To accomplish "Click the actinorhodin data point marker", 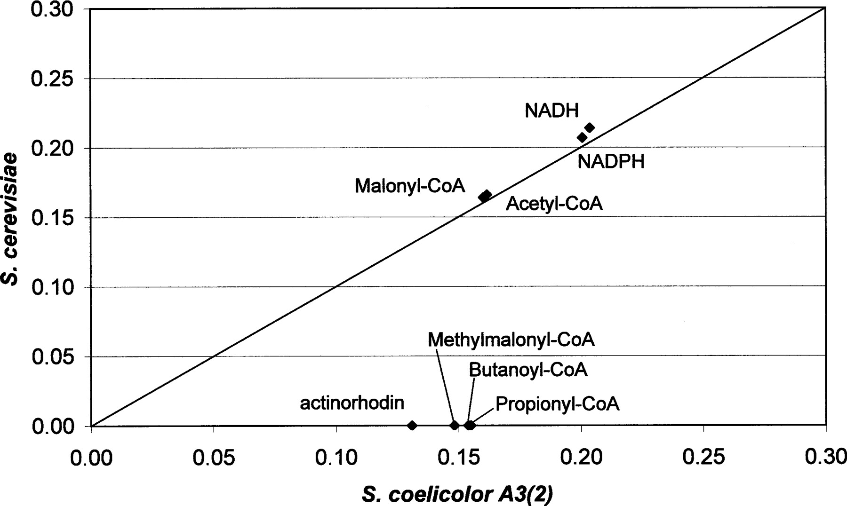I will point(412,425).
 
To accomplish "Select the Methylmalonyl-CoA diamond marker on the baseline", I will point(455,425).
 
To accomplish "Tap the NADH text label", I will point(551,111).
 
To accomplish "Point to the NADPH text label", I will point(611,162).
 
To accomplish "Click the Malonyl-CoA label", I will point(410,185).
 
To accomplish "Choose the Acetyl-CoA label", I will point(554,204).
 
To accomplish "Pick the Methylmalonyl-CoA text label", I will point(511,340).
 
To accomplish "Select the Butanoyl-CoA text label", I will point(528,370).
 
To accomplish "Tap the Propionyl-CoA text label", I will point(557,404).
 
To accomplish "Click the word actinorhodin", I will point(352,403).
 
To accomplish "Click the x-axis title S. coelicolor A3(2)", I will point(457,494).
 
